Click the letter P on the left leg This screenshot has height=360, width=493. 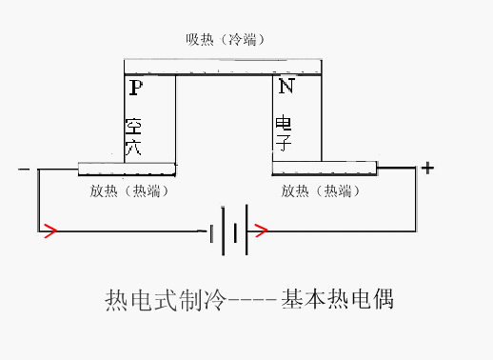click(x=135, y=89)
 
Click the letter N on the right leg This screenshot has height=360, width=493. click(x=286, y=88)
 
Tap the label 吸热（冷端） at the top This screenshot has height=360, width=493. click(x=225, y=40)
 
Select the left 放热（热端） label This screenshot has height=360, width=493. click(x=127, y=190)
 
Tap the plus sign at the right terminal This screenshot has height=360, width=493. click(x=427, y=169)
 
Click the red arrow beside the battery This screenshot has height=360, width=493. click(x=262, y=230)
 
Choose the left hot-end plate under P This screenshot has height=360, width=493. click(x=127, y=170)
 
